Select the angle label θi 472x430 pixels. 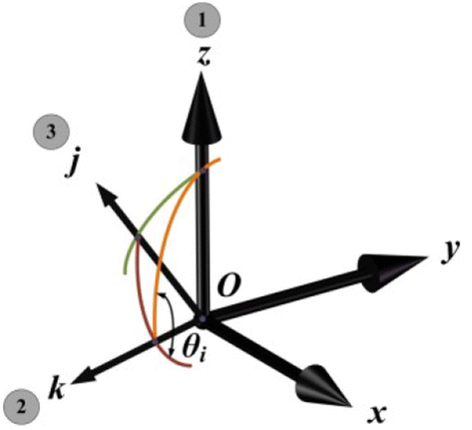(x=192, y=346)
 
